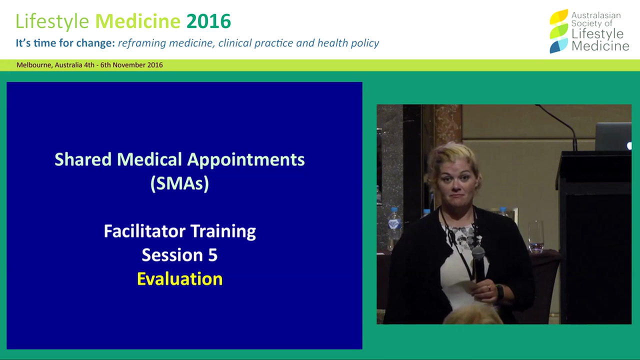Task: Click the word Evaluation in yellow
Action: click(x=179, y=279)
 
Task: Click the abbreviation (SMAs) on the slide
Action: click(x=179, y=183)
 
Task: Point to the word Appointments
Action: click(x=245, y=160)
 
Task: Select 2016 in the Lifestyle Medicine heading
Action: click(x=208, y=21)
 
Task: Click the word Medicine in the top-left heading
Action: click(x=137, y=21)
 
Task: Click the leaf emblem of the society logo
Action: click(x=558, y=31)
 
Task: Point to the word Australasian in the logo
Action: click(x=596, y=15)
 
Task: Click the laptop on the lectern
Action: click(x=613, y=136)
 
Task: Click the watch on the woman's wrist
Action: click(x=499, y=291)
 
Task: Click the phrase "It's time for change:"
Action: click(x=65, y=43)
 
